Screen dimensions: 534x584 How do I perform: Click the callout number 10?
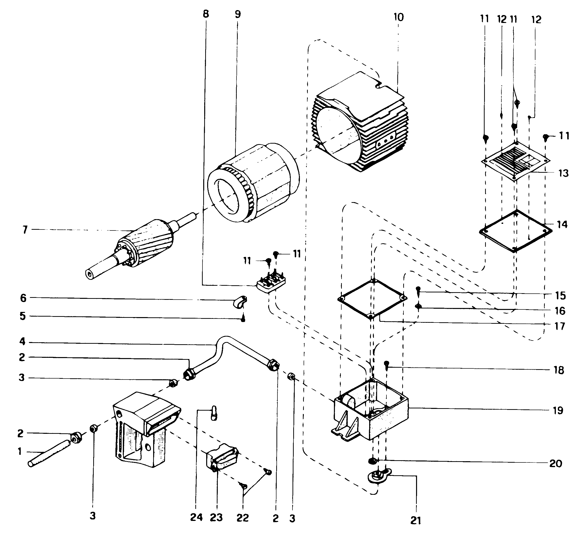pyautogui.click(x=399, y=17)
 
